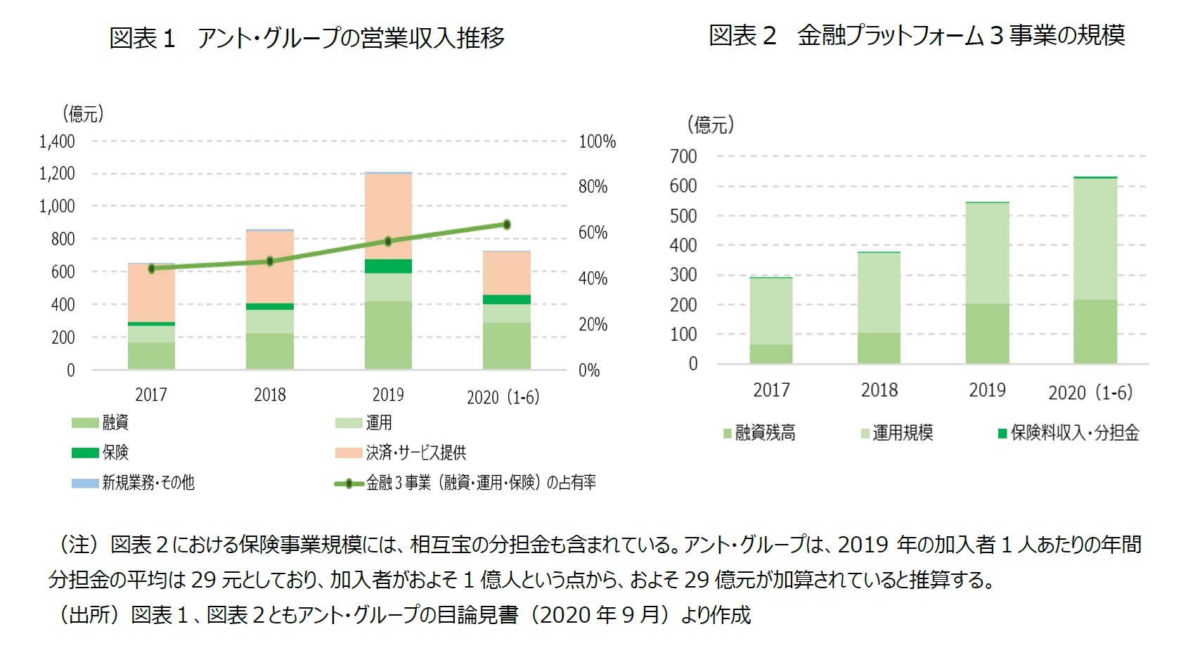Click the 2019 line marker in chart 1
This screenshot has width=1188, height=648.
388,241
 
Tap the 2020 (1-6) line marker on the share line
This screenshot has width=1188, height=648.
506,225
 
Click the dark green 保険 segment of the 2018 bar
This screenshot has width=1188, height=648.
270,306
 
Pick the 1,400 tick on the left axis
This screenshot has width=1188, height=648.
57,141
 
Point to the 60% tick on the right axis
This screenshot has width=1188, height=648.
593,233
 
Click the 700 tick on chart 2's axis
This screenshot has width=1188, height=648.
683,156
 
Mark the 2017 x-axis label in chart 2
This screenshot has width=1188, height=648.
771,390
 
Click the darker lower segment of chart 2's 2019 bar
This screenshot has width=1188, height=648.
987,333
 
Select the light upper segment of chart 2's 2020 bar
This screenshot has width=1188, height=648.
1095,239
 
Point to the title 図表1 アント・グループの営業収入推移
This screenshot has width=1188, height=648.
307,37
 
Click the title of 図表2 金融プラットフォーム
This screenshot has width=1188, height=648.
917,35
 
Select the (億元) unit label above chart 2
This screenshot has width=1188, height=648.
711,125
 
